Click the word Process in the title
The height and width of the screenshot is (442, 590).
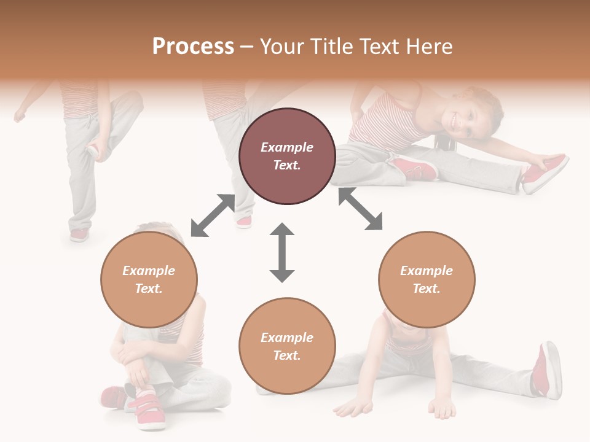[x=193, y=47]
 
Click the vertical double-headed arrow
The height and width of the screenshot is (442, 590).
[x=282, y=252]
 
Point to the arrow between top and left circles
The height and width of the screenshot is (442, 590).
[x=212, y=215]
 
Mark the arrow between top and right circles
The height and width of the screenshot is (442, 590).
[x=360, y=209]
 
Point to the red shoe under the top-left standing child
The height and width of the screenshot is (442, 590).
[x=79, y=235]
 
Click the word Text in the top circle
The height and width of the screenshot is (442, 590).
[x=286, y=165]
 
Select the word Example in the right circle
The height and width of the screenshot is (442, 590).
[x=427, y=271]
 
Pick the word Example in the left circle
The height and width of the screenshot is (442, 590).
[x=149, y=271]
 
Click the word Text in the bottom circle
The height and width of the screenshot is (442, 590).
[x=286, y=355]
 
